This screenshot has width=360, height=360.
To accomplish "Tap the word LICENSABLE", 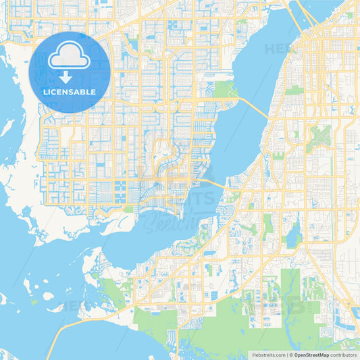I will [69, 91].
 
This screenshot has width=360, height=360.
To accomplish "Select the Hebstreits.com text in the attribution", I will [267, 355].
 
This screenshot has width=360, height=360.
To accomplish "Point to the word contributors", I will [343, 355].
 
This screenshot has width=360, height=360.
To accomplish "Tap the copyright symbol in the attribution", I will [291, 355].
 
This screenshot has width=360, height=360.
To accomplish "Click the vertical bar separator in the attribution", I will [286, 355].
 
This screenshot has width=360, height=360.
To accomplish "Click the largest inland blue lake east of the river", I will [292, 236].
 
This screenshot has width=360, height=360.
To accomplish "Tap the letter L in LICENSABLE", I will [45, 91].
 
